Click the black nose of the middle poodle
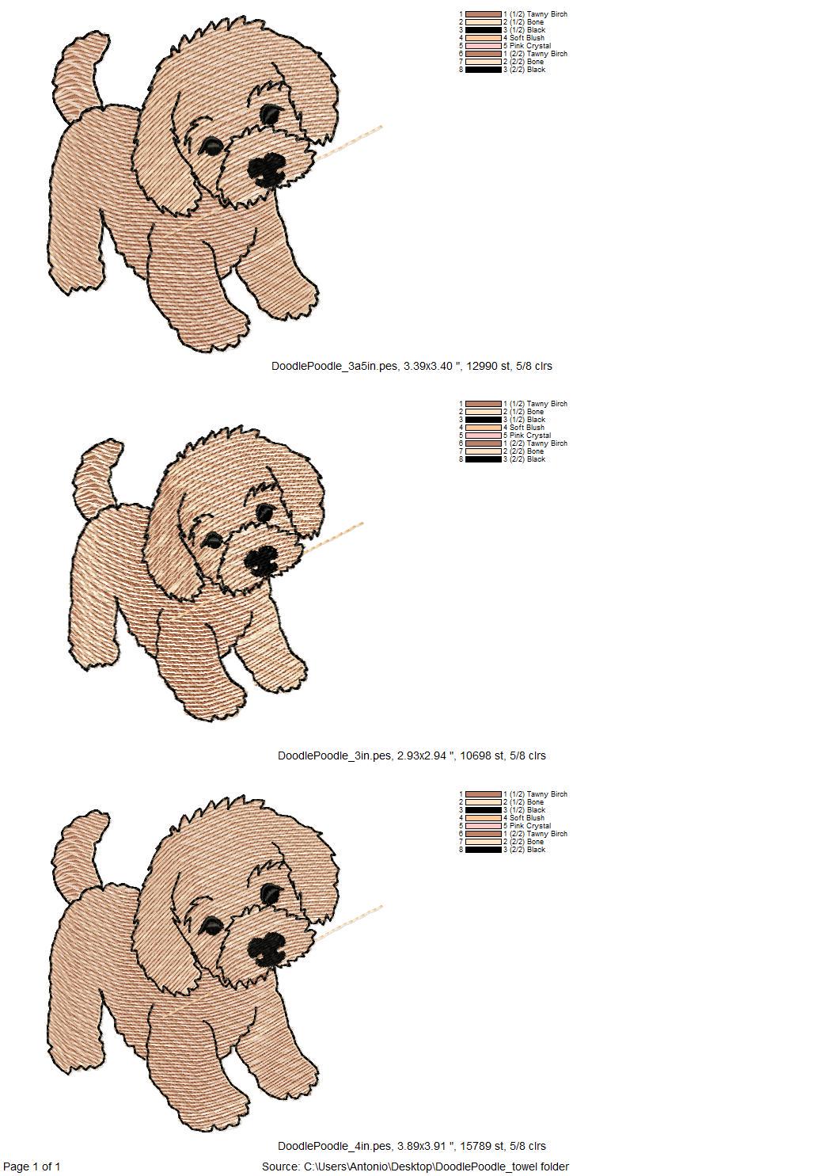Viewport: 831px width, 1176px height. (x=260, y=561)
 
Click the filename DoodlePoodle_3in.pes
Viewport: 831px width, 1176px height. (x=334, y=755)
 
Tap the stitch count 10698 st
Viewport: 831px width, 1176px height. (x=482, y=755)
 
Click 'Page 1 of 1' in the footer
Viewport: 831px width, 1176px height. (x=32, y=1166)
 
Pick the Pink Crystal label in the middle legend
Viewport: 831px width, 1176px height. (x=529, y=436)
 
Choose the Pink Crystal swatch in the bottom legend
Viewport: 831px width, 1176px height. (x=483, y=826)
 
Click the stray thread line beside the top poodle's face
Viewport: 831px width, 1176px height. (x=352, y=141)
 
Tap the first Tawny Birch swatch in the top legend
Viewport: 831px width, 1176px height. (x=483, y=14)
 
